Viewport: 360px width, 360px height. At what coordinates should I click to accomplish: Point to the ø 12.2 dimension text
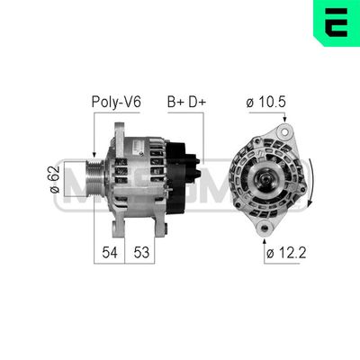pos(286,253)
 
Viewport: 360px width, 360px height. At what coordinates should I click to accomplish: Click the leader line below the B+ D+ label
pos(204,135)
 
